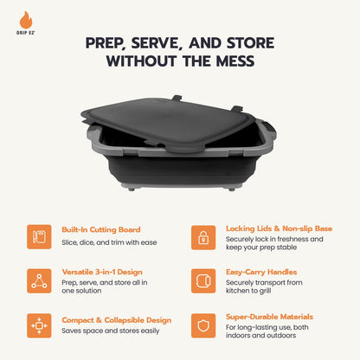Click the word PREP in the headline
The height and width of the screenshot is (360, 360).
tap(107, 42)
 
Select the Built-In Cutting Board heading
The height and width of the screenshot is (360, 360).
tap(100, 229)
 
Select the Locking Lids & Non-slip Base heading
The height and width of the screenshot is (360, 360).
tap(280, 228)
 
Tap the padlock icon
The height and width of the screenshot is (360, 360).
tap(203, 236)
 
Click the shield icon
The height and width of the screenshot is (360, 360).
tap(203, 325)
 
